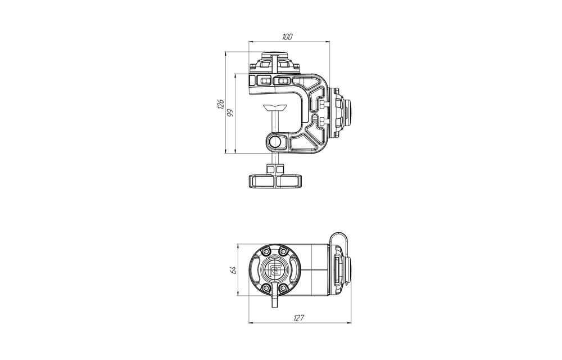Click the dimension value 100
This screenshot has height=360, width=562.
287,37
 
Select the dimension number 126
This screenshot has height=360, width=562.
220,104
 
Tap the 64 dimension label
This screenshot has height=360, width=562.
233,269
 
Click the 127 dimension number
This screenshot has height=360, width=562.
299,318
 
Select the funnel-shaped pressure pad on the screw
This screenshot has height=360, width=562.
275,107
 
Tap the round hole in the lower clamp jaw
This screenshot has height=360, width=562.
275,142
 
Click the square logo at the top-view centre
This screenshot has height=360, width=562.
275,269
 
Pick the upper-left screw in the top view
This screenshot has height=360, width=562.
266,252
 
